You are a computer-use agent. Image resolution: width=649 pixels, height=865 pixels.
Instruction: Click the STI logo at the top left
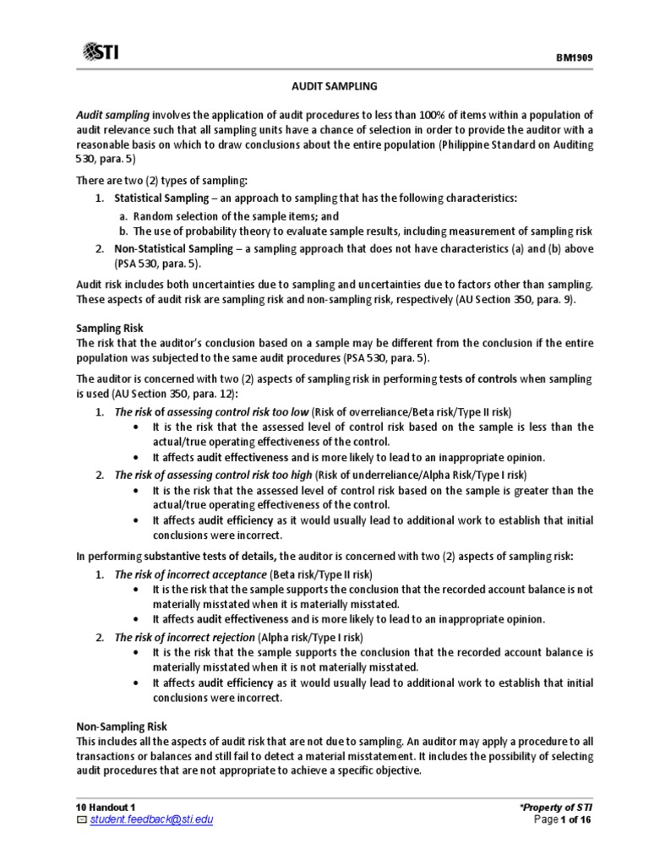pos(100,53)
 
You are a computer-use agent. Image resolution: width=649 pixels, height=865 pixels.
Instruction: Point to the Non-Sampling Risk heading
pos(122,726)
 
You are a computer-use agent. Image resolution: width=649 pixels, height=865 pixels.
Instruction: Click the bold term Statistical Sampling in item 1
pos(161,198)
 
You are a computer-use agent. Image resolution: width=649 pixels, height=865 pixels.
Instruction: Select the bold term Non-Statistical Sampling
pos(172,248)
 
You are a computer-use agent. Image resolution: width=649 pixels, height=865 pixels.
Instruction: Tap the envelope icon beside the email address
pos(81,820)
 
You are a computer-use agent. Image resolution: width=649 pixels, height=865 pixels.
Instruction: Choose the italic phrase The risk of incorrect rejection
pos(184,637)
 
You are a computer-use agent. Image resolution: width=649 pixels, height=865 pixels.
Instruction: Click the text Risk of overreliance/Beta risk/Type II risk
pos(411,411)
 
